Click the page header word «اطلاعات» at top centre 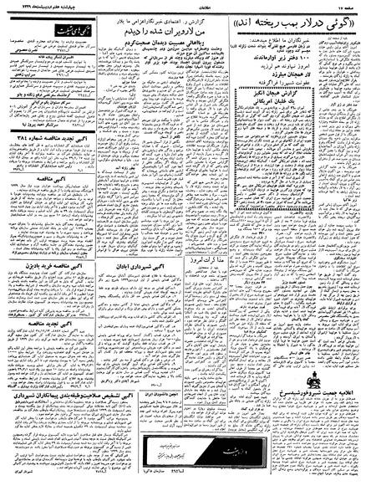coord(185,7)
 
